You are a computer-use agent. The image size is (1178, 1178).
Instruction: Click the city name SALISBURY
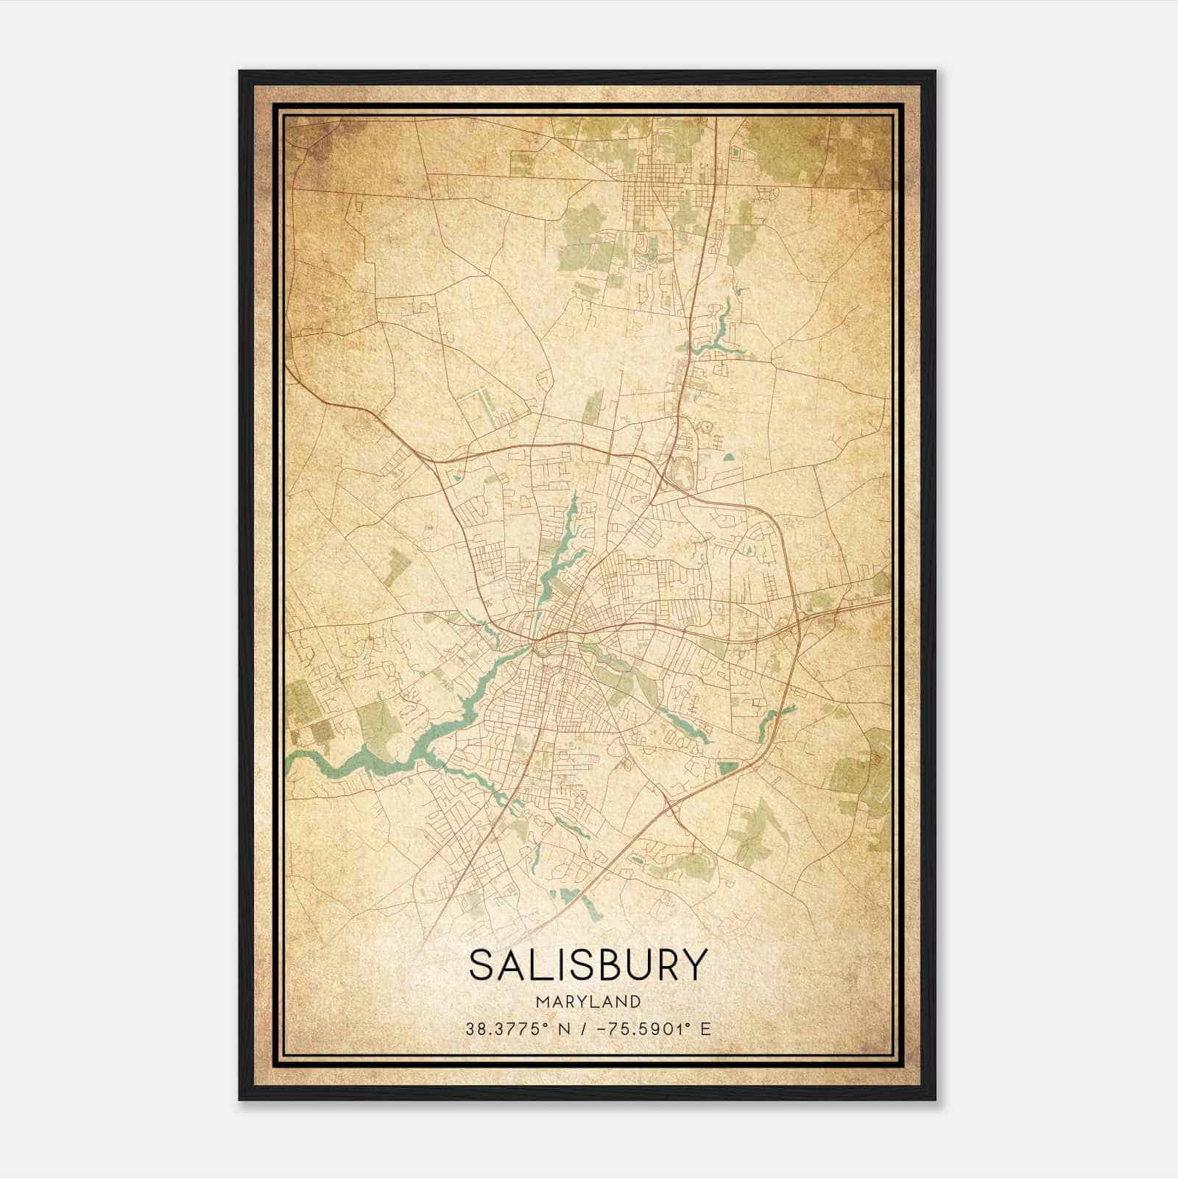588,965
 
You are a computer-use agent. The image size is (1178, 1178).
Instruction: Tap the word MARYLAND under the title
588,1002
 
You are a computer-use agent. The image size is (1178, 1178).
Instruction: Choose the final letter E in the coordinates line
706,1029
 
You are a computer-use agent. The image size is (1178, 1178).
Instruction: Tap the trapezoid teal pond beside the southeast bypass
727,768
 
